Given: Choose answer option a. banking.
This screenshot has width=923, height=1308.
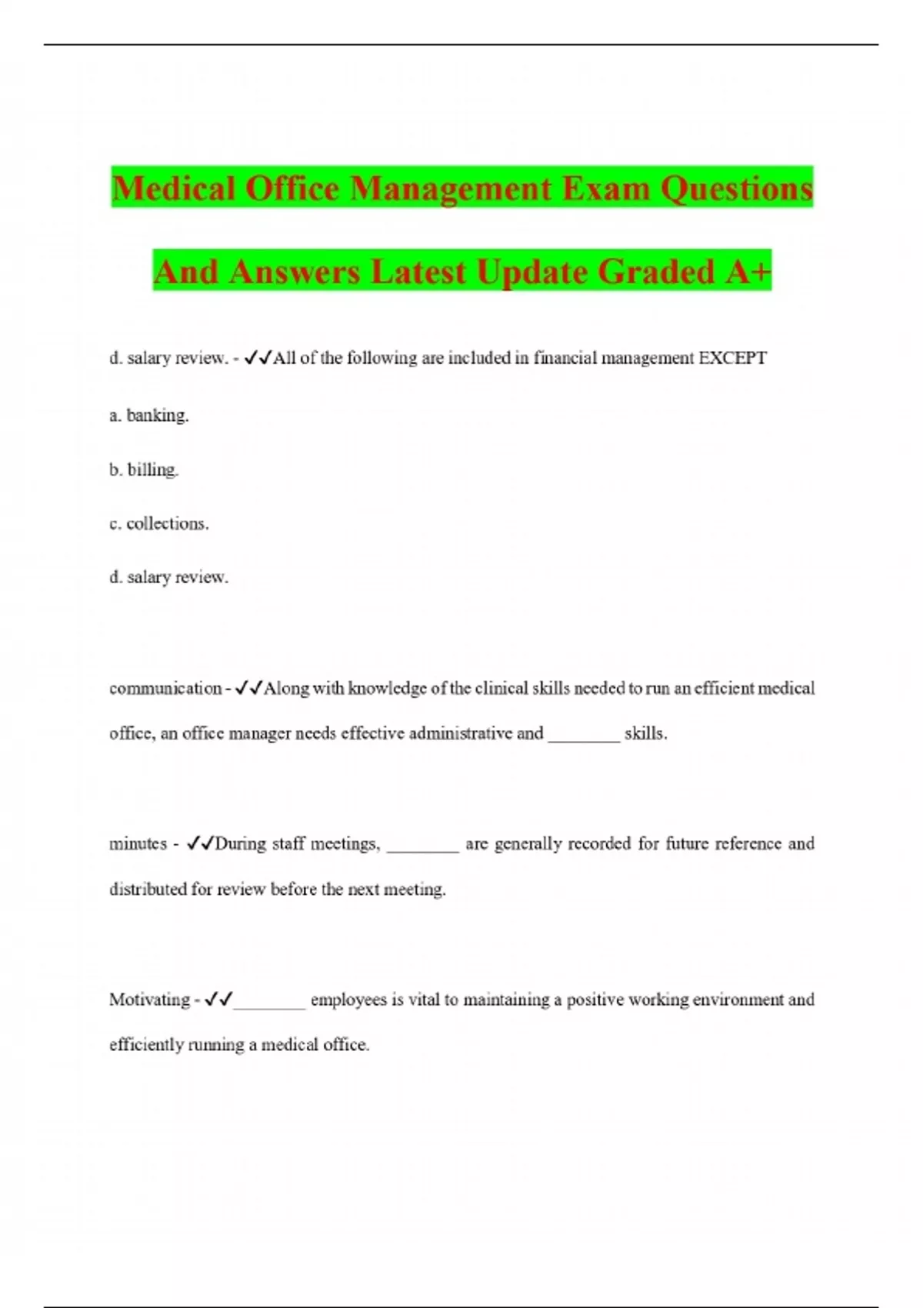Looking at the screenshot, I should pos(149,415).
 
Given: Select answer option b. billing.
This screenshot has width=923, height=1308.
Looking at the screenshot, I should pos(144,469).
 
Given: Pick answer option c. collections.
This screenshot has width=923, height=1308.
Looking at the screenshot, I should pos(159,523).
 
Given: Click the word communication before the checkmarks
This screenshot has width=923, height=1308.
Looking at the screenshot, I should pos(165,688).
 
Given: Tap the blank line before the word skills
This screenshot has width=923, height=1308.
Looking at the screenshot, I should pos(584,736).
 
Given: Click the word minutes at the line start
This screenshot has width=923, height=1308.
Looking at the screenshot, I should pos(138,843).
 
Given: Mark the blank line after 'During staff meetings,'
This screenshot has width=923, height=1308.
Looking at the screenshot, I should pos(423,846).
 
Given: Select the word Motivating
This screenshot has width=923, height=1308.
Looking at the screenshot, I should pos(149,999).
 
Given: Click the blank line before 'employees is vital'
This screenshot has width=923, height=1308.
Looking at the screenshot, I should pos(269,1002).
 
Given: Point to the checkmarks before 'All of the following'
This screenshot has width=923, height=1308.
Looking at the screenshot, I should pos(257,358).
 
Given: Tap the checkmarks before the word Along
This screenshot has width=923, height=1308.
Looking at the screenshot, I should pos(248,688).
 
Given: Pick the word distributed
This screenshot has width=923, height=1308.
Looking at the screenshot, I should pos(148,889).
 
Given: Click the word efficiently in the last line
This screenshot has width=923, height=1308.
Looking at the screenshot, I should pos(141,1045).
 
